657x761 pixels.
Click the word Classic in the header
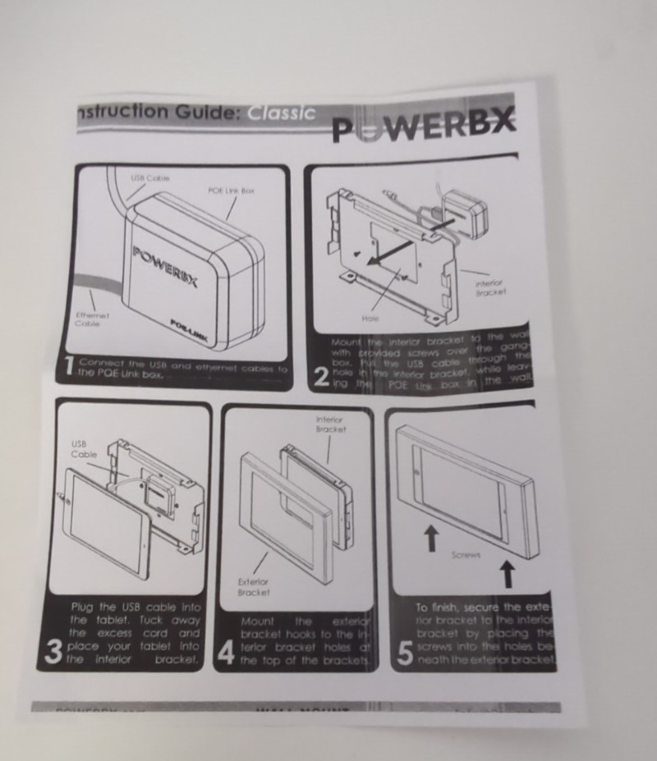click(281, 113)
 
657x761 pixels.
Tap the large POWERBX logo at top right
click(424, 126)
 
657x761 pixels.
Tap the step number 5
click(404, 653)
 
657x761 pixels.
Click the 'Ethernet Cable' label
click(93, 319)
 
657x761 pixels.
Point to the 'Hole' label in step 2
click(370, 317)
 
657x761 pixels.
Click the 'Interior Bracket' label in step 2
click(490, 287)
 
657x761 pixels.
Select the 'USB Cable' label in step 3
click(84, 448)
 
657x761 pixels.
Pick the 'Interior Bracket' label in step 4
click(328, 424)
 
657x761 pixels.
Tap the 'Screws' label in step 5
click(466, 555)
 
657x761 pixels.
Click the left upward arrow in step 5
click(430, 538)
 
